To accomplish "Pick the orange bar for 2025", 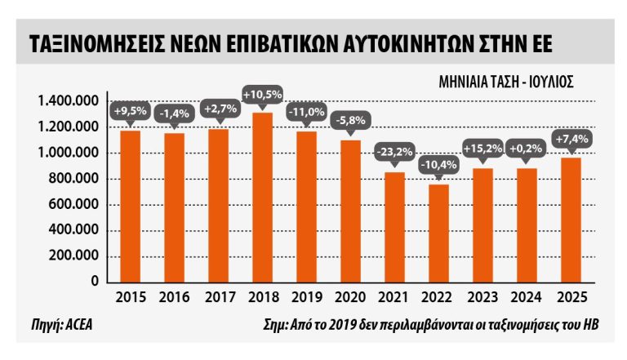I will (570, 220).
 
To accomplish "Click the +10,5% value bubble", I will (262, 96).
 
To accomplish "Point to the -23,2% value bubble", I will (394, 152).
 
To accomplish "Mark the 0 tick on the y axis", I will (95, 281).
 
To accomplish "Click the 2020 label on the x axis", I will (349, 298).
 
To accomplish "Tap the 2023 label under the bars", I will (482, 298).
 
